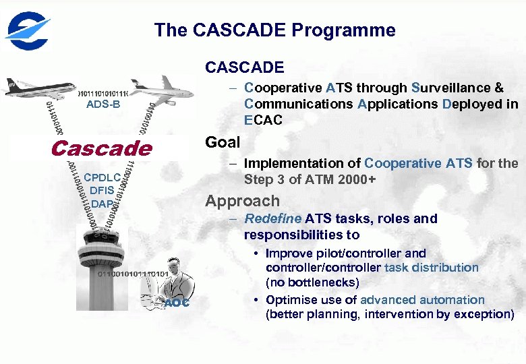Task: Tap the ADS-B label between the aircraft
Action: (x=103, y=104)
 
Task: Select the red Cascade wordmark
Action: (x=101, y=148)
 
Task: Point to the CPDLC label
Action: (x=103, y=177)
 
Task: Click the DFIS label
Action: (x=103, y=190)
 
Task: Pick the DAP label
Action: (x=102, y=204)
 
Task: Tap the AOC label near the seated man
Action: (x=177, y=303)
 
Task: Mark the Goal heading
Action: (x=223, y=142)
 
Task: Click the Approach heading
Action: (x=242, y=201)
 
